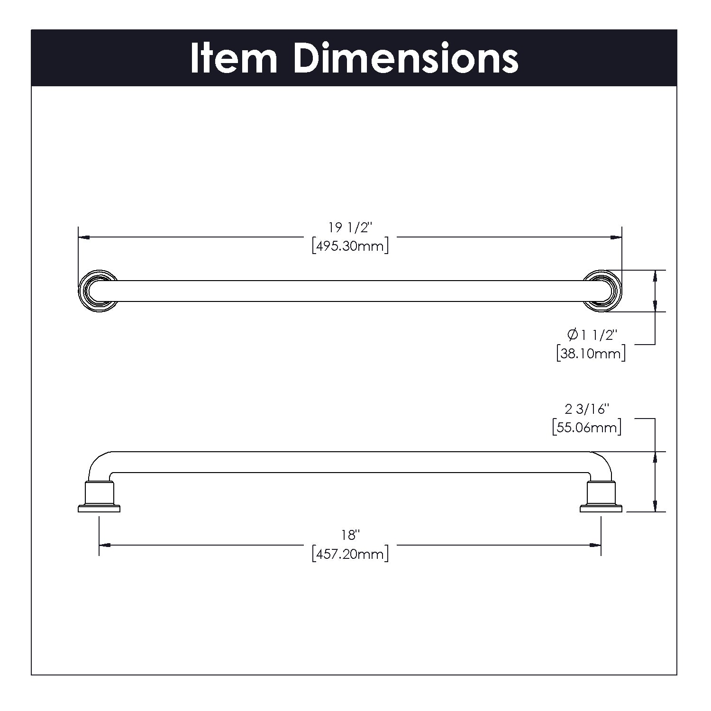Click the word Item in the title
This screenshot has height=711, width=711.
[234, 58]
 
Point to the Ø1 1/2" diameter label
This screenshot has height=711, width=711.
[592, 335]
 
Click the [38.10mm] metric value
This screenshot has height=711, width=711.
[591, 353]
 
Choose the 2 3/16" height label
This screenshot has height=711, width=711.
[587, 409]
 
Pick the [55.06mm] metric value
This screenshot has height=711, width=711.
[587, 428]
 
